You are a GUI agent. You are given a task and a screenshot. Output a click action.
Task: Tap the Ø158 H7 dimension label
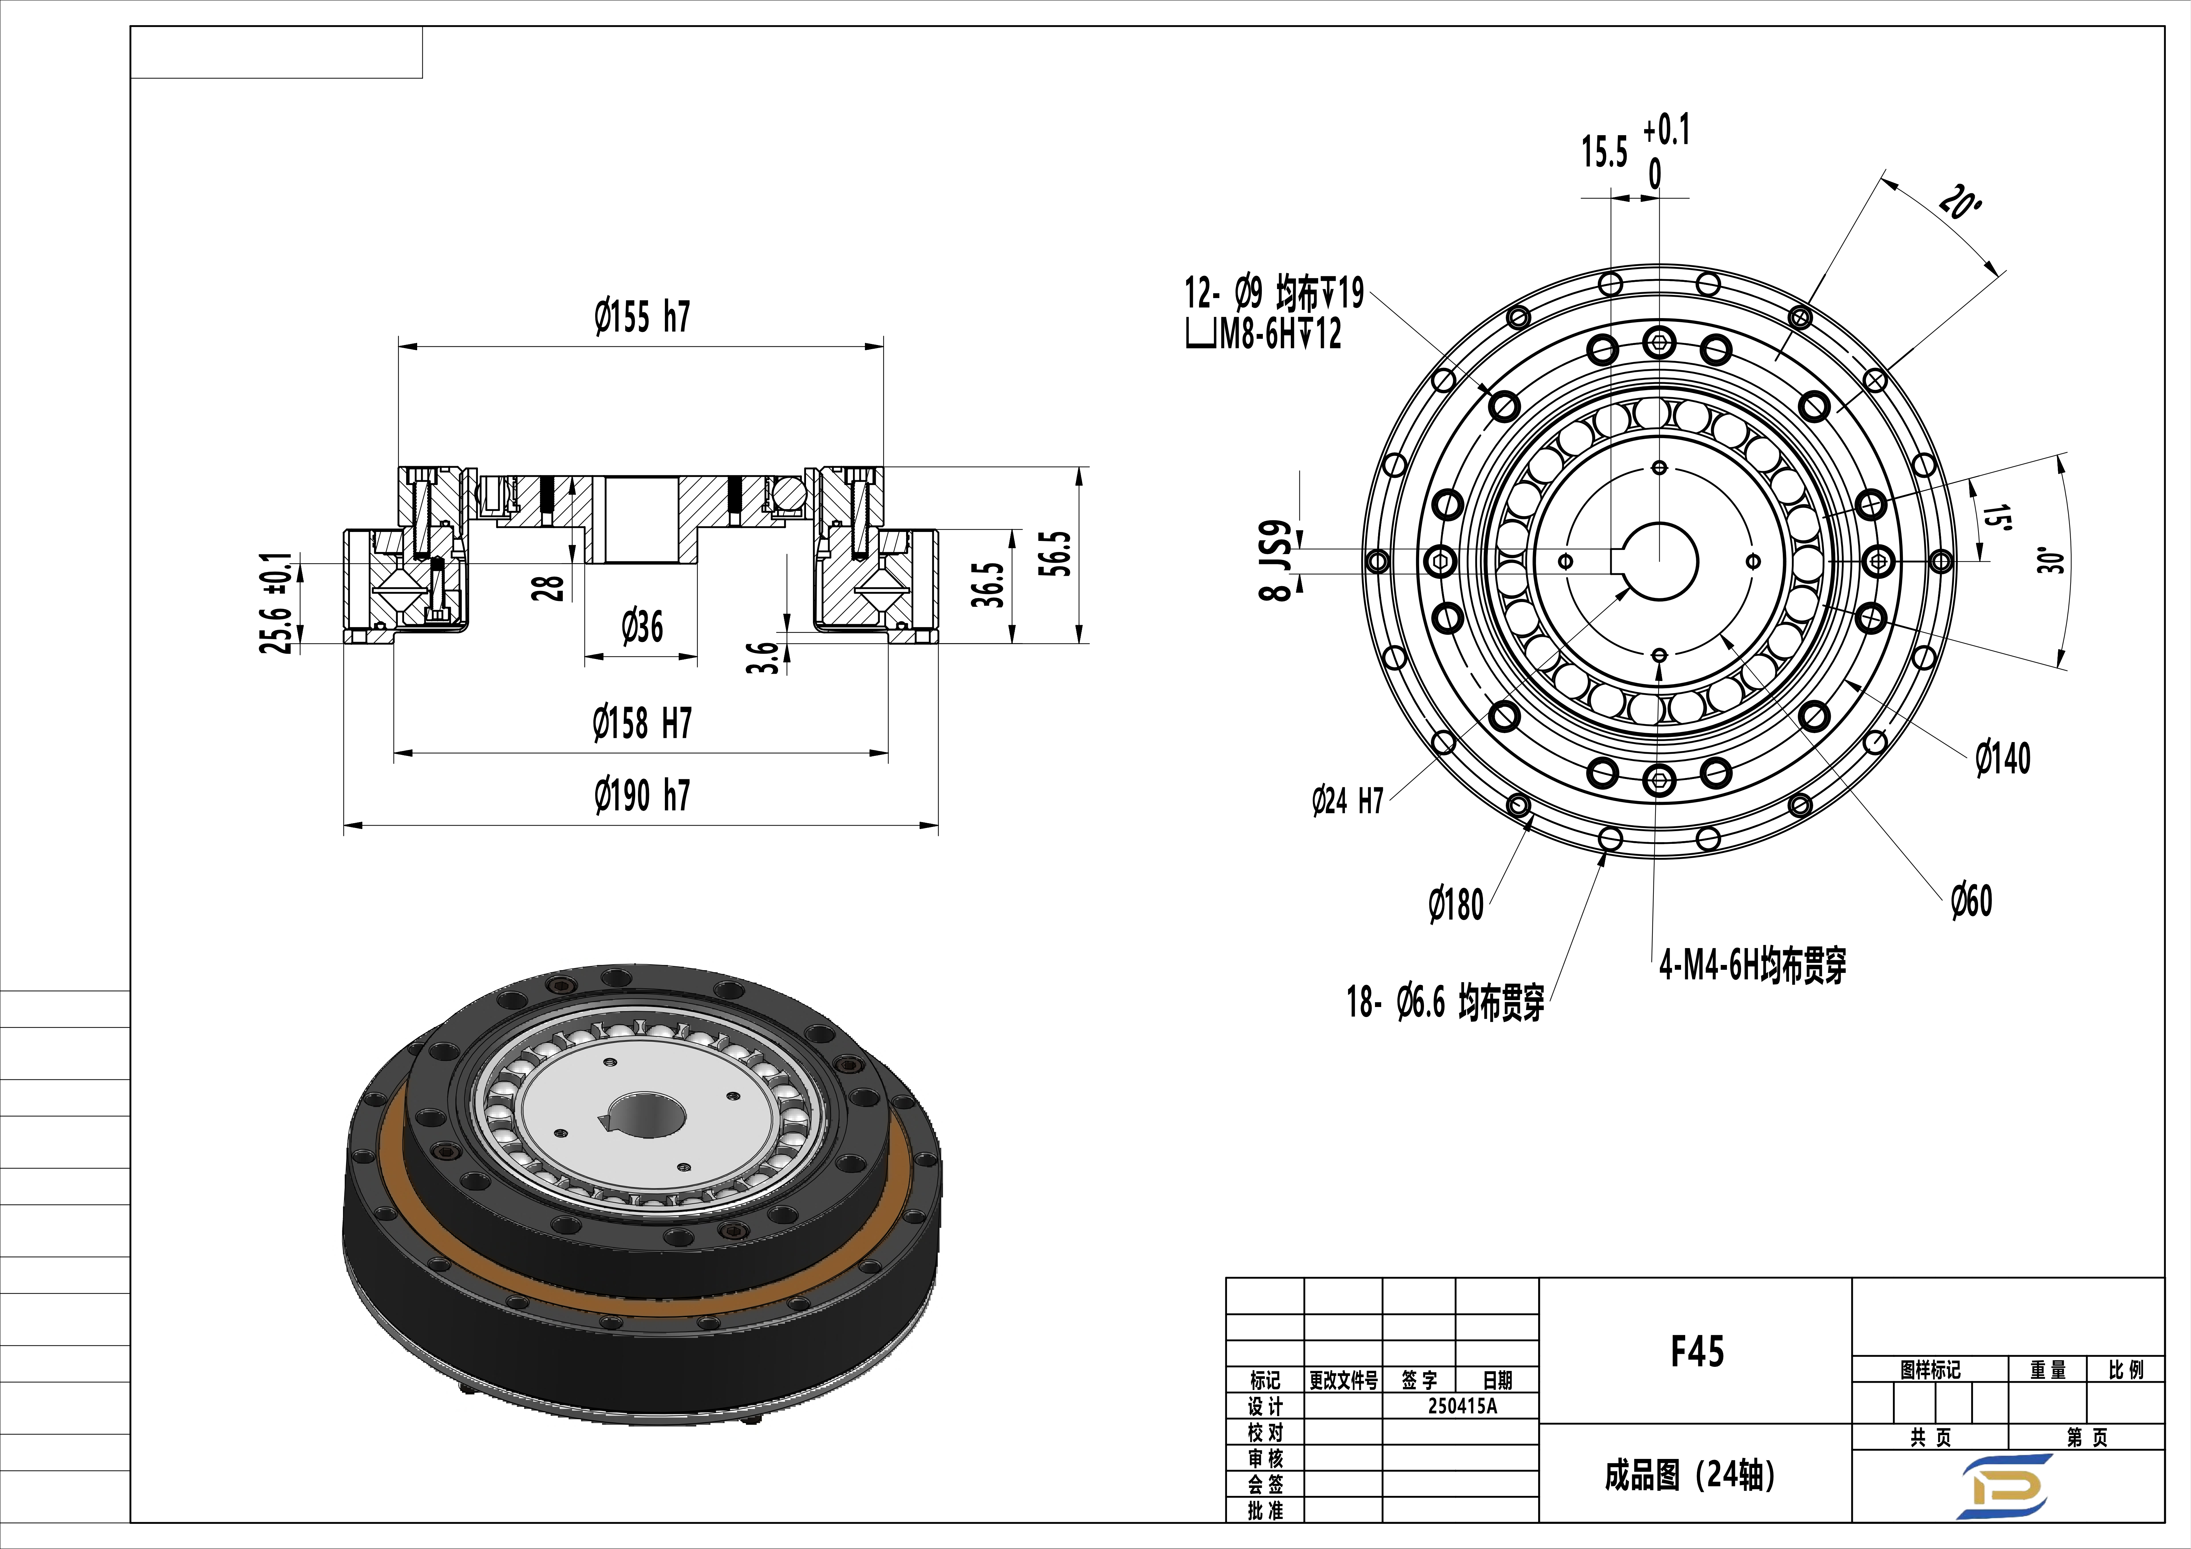click(x=641, y=723)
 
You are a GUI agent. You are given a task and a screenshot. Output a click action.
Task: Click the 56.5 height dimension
click(x=1059, y=554)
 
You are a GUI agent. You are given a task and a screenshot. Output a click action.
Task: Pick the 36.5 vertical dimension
click(x=989, y=585)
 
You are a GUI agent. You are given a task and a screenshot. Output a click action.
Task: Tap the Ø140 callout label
click(x=2002, y=759)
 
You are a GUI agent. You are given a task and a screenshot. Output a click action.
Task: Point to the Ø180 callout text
click(x=1455, y=905)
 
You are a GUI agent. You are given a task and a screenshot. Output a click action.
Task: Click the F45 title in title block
click(x=1697, y=1351)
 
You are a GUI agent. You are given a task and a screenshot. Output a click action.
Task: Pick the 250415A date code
click(x=1462, y=1406)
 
